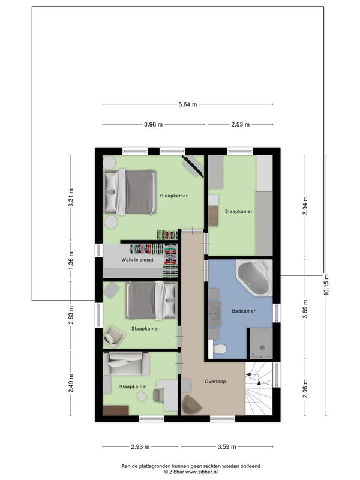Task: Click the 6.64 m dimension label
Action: (x=188, y=104)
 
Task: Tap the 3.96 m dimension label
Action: (x=153, y=125)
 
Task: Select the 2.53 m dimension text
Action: (x=240, y=125)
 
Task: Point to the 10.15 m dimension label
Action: (x=326, y=284)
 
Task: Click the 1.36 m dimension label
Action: (x=71, y=260)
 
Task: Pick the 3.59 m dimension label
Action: (x=227, y=446)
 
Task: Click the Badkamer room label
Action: (x=244, y=311)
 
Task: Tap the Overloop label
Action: (x=215, y=382)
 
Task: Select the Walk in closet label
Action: (x=137, y=260)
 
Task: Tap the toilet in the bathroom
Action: (x=220, y=349)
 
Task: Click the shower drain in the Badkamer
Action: (x=262, y=347)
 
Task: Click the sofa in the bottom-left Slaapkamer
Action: (x=126, y=364)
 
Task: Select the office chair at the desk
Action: (x=158, y=395)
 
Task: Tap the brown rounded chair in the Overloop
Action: (x=191, y=404)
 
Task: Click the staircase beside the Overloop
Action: (x=259, y=388)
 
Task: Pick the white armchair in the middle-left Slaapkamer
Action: (x=114, y=336)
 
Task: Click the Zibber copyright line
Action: (x=190, y=472)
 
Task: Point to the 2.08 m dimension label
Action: (x=305, y=389)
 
